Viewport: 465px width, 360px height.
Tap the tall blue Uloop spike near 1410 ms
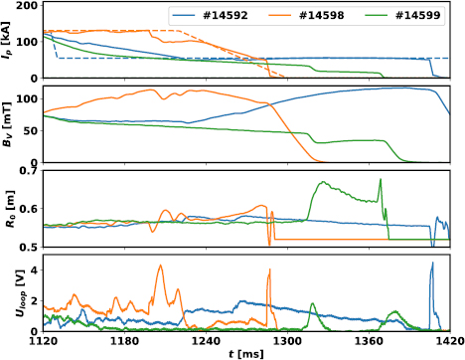pos(432,264)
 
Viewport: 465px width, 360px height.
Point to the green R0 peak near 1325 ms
pos(322,183)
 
